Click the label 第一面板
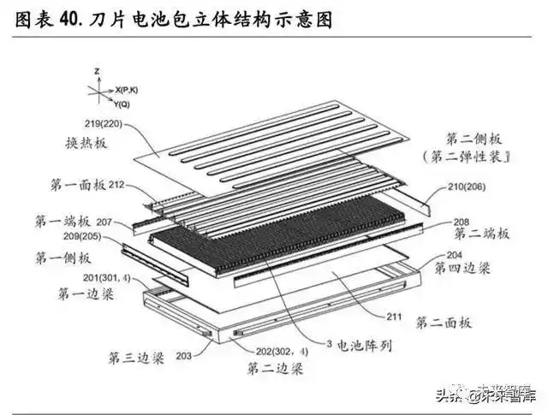pos(73,183)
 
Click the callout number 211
pos(394,317)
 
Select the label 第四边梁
pos(463,267)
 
